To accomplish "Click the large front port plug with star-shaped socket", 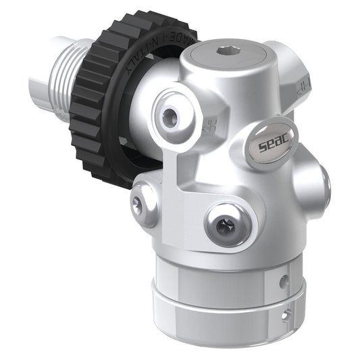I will (223, 224).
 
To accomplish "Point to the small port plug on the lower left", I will (138, 205).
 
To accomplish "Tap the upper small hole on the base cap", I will (284, 278).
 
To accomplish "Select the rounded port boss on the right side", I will (322, 182).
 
